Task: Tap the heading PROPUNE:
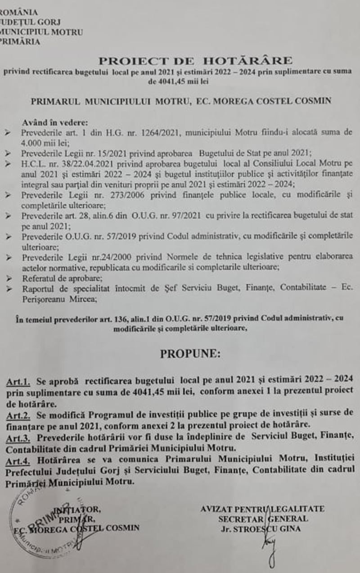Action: coord(190,354)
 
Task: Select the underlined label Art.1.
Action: coord(18,383)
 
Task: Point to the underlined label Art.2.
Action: coord(18,413)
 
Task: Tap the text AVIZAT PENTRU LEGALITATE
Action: coord(262,509)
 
